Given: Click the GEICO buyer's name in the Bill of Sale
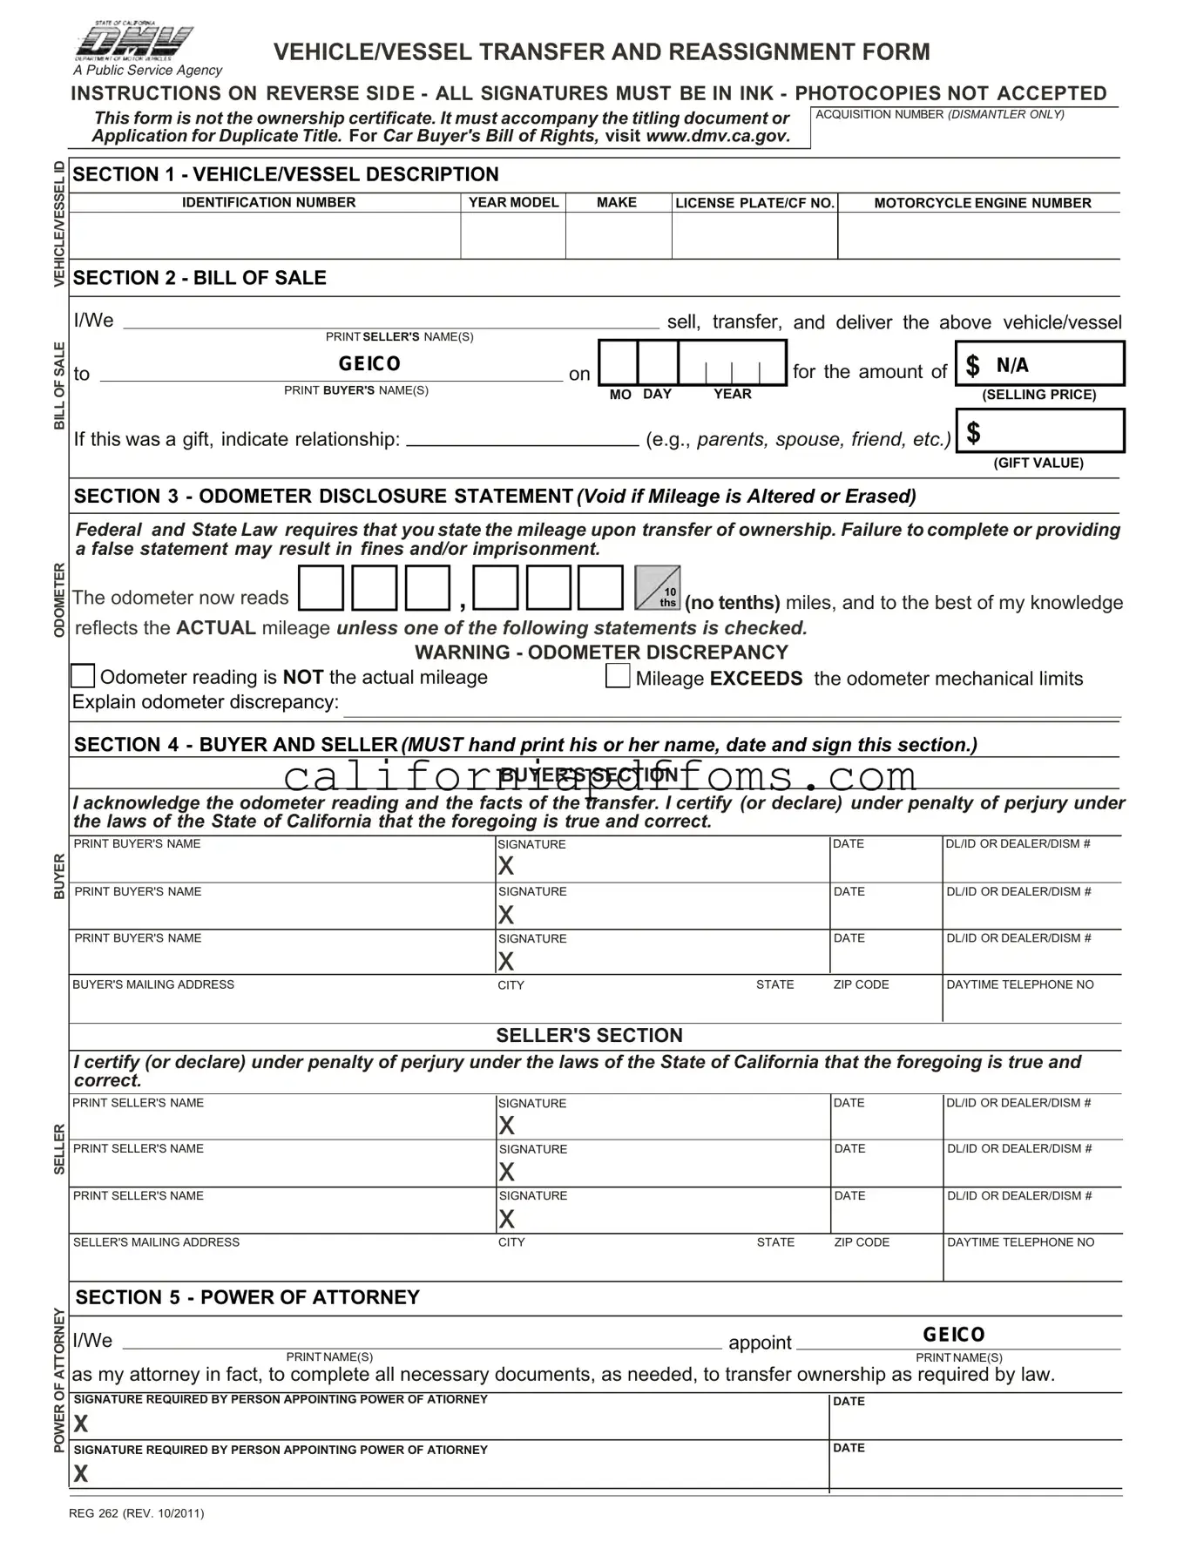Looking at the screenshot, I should coord(369,363).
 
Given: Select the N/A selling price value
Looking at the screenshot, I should coord(1012,365).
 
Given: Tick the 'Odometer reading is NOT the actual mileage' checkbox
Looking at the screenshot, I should coord(83,676).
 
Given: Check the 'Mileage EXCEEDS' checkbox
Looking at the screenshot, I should coord(618,676).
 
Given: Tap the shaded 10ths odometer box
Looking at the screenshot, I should coord(658,588).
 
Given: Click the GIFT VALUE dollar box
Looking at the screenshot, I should coord(1040,432).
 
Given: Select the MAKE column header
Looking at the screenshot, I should coord(617,202).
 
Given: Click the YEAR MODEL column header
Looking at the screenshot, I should coord(513,202).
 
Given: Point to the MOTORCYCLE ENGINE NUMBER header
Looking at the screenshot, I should coord(982,203).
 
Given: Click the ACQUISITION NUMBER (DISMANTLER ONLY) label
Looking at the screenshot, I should coord(939,115).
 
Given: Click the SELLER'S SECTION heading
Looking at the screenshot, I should coord(589,1035).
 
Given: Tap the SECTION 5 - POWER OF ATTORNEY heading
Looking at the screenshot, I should coord(247,1297).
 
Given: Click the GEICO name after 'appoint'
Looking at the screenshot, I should coord(954,1335).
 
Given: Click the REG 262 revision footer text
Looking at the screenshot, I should coord(137,1513).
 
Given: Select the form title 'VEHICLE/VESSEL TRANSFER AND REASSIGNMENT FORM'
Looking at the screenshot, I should coord(601,52).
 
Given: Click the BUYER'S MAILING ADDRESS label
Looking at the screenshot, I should coord(153,984).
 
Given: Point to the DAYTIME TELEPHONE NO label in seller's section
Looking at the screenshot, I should coord(1020,1242).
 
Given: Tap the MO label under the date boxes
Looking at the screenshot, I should coord(620,395).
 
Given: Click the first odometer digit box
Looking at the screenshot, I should coord(321,588).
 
